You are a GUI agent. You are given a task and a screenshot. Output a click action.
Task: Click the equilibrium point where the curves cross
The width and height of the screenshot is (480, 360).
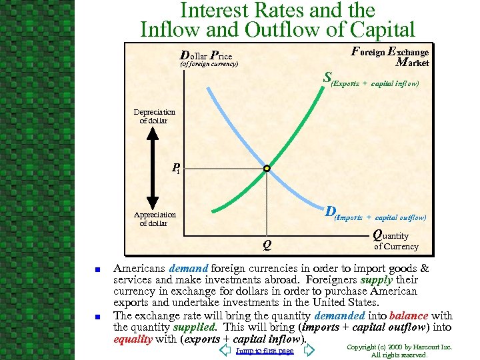click(266, 169)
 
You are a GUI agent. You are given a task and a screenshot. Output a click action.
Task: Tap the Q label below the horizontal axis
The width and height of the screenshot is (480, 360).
click(266, 245)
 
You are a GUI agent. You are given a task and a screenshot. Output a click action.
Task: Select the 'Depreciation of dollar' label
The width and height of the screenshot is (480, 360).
click(154, 117)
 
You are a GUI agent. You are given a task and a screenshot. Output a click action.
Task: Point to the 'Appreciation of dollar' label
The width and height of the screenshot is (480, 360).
click(155, 219)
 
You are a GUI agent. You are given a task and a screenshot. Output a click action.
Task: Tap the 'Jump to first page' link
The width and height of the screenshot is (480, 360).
click(265, 351)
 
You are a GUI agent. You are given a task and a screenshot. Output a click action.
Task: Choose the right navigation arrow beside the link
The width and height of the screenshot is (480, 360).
click(308, 350)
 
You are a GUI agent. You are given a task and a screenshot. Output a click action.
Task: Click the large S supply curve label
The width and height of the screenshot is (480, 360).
click(327, 77)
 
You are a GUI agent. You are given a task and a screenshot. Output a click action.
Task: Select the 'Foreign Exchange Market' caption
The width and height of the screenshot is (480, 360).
click(391, 57)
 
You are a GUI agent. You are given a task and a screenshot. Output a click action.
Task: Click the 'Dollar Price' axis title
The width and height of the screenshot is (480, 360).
click(207, 57)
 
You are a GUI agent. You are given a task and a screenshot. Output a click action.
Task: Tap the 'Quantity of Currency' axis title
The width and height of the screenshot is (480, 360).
click(395, 240)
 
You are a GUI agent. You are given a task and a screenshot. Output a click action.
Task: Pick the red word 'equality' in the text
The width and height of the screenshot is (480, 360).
click(133, 339)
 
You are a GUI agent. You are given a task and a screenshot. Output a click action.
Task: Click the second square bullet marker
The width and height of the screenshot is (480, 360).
click(97, 316)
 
